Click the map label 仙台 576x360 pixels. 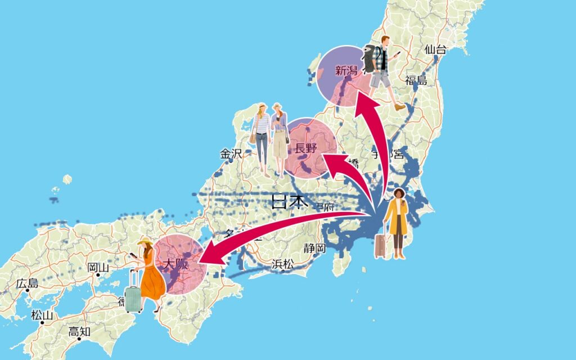(435, 49)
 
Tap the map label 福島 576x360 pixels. (416, 80)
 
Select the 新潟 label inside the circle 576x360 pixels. (346, 71)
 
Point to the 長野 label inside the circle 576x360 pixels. (306, 149)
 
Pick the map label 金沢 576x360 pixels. (231, 154)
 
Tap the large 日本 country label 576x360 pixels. (290, 201)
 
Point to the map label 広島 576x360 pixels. (27, 283)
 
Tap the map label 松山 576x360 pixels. (42, 316)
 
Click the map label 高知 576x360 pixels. (79, 332)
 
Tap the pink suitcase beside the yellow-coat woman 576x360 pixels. (381, 246)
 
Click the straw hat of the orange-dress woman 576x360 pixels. (145, 241)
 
